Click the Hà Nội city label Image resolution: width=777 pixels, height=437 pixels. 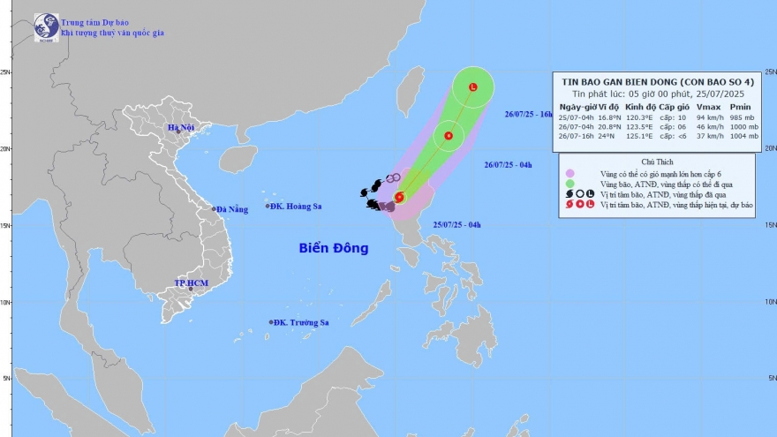click(182, 129)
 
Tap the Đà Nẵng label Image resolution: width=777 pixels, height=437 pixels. click(230, 209)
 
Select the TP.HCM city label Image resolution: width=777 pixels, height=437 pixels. click(190, 283)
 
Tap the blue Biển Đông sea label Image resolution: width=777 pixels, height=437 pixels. click(332, 248)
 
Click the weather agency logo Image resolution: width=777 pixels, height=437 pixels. click(46, 26)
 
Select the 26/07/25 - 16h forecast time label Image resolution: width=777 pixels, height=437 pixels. click(528, 114)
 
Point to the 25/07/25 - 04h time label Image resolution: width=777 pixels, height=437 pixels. click(456, 225)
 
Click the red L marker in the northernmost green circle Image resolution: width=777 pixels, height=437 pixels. click(473, 87)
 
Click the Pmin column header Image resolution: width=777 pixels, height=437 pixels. click(742, 107)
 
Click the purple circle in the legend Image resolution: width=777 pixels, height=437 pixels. click(570, 173)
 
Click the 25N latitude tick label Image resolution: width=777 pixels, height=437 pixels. click(5, 72)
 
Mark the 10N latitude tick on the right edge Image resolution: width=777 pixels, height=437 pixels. click(770, 301)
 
